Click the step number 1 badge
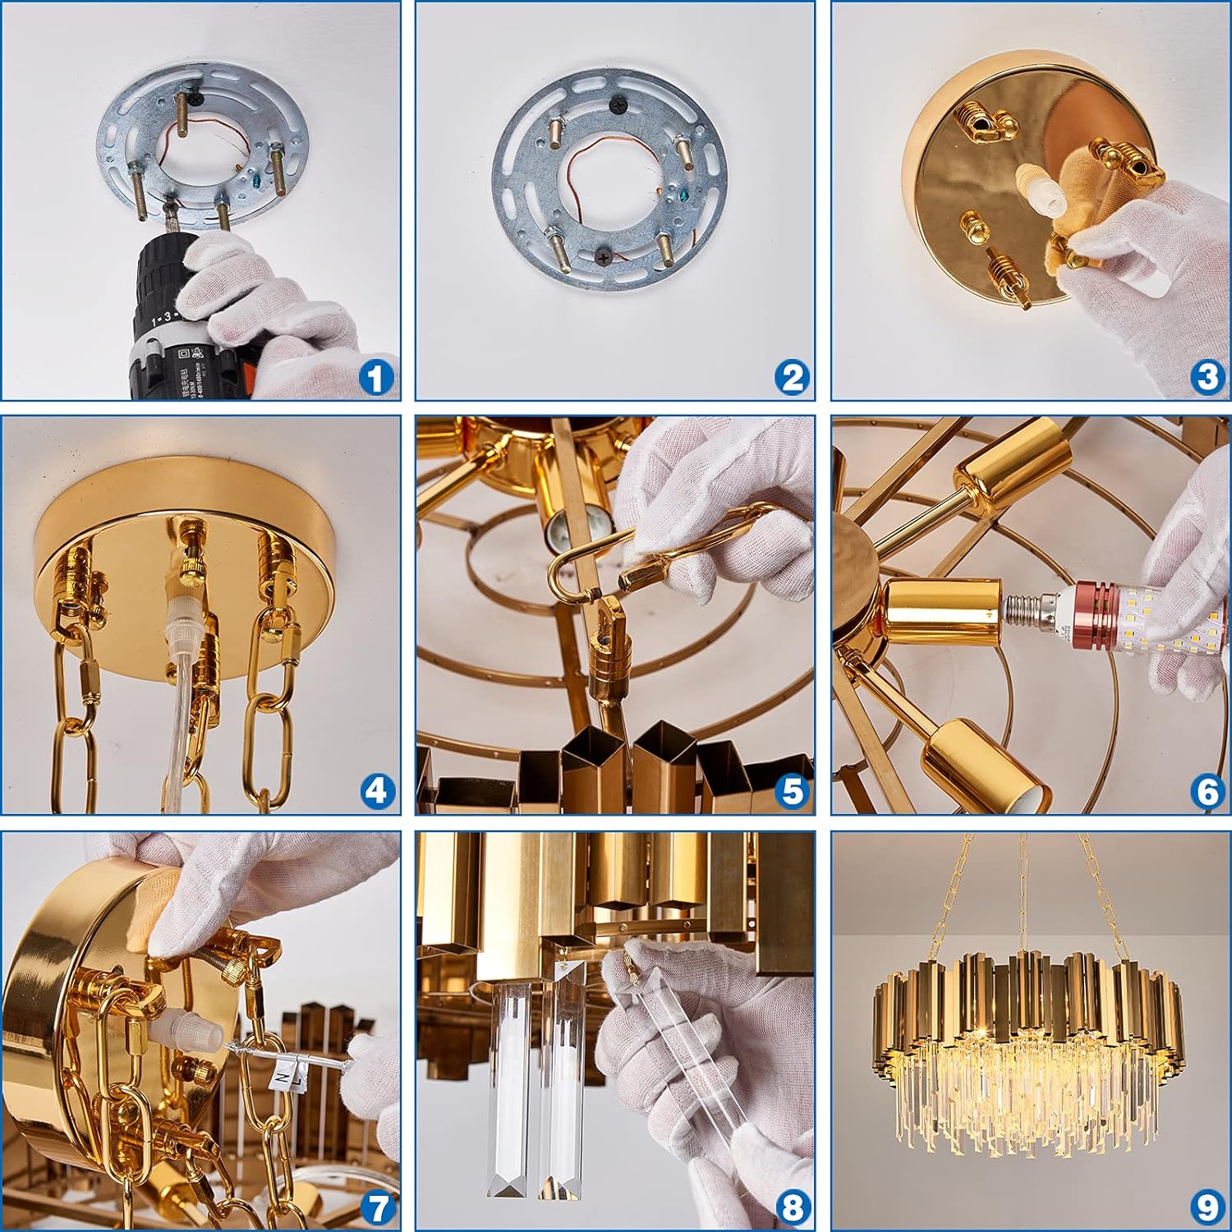(x=376, y=379)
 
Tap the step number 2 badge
(x=792, y=379)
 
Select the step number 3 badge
(x=1207, y=379)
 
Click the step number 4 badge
(x=376, y=792)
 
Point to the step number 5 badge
(x=792, y=792)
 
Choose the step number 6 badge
(x=1207, y=792)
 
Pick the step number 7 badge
(x=376, y=1207)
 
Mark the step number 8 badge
(x=792, y=1207)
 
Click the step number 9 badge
(x=1207, y=1207)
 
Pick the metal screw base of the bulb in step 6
(x=1019, y=611)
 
